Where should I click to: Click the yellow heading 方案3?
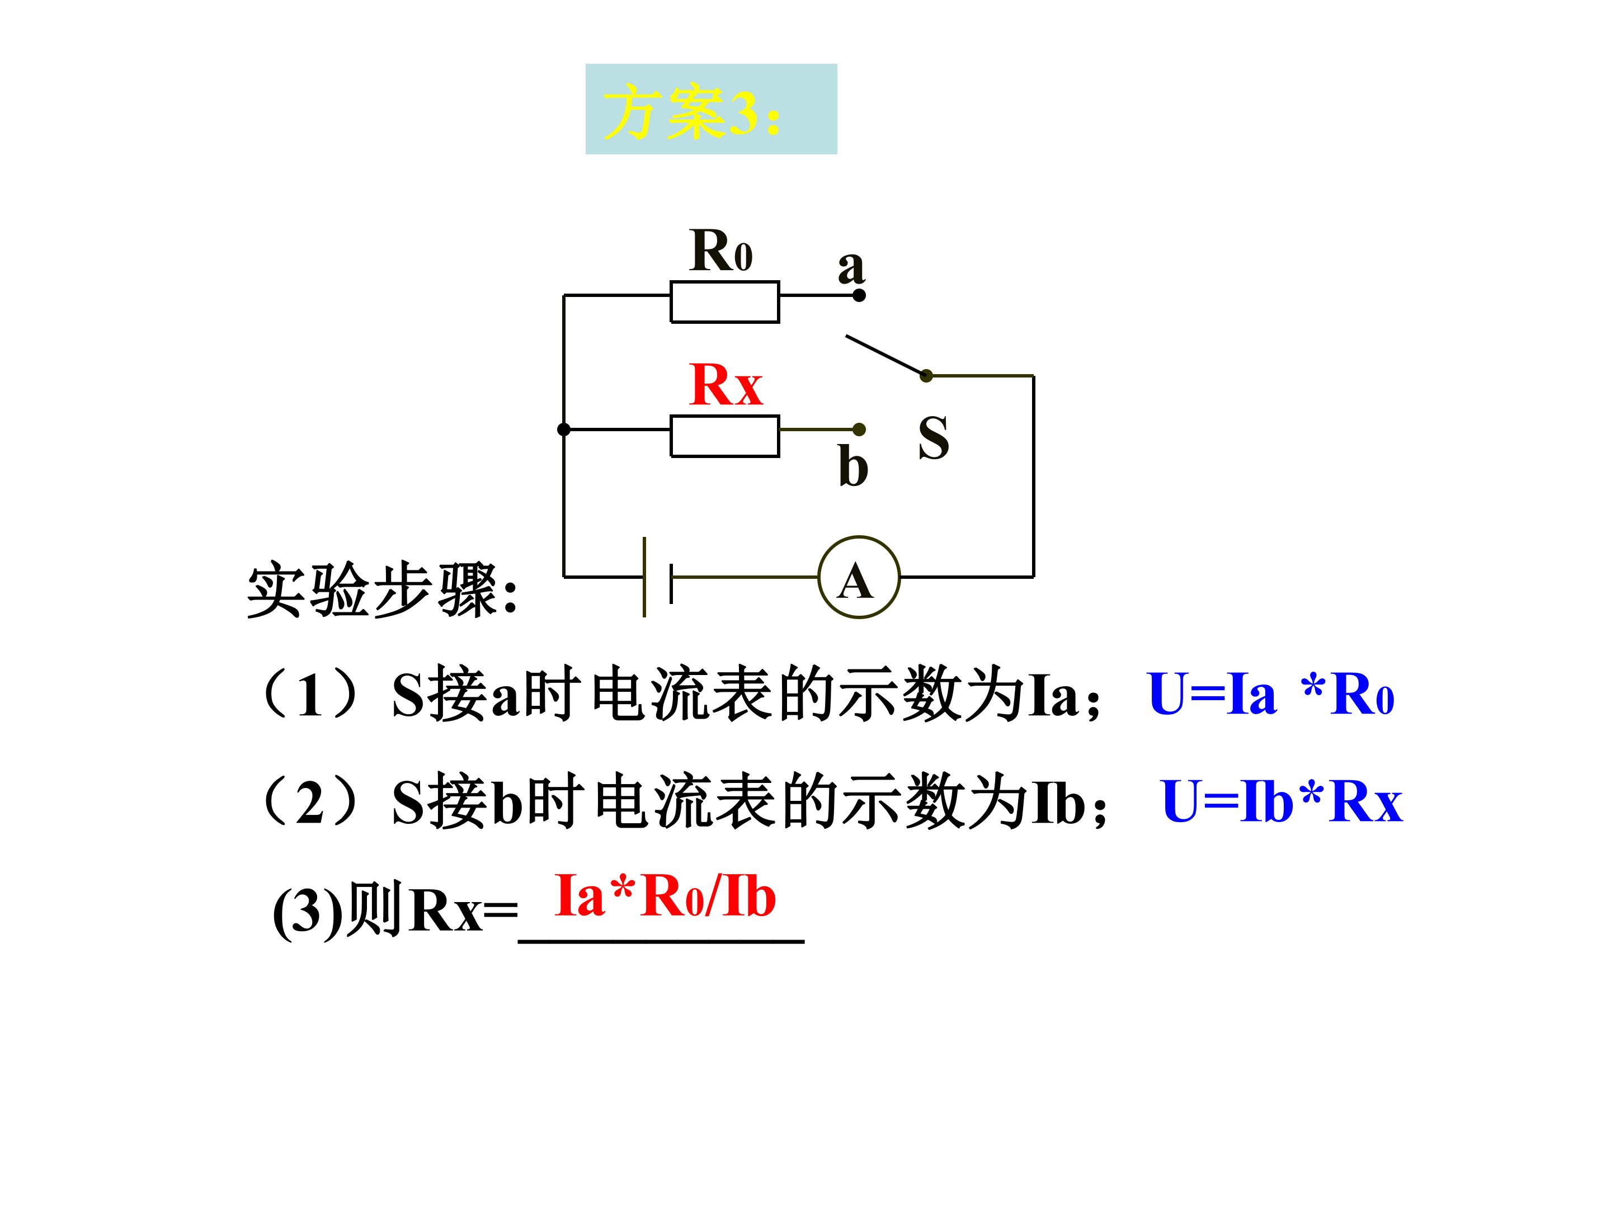coord(692,111)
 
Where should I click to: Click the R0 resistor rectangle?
coord(724,301)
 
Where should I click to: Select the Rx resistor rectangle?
coord(724,436)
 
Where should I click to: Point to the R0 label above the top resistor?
coord(720,250)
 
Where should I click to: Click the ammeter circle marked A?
coord(859,577)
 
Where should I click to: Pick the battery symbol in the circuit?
coord(657,577)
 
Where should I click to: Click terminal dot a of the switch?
coord(859,295)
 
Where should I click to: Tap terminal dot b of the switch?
coord(859,430)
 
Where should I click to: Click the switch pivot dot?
coord(926,376)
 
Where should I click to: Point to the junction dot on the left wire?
coord(564,430)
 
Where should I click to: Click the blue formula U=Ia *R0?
coord(1270,694)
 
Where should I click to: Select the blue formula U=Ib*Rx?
coord(1282,801)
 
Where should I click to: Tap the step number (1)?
coord(309,695)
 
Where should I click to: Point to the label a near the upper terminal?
coord(851,267)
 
